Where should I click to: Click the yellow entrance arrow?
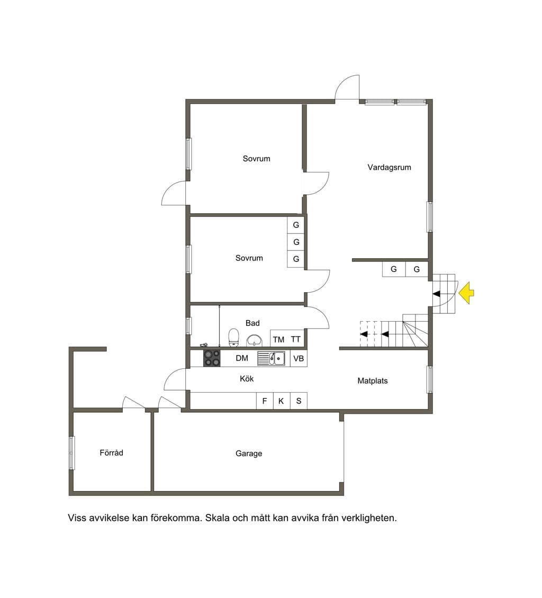[466, 293]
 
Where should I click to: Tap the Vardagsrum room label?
[389, 167]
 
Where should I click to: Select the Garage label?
[249, 454]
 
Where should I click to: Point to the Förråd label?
[111, 452]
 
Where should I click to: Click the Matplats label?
[372, 380]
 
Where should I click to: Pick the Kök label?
[247, 379]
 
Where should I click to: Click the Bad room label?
[252, 323]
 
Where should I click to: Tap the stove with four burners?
[212, 358]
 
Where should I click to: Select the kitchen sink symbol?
[271, 358]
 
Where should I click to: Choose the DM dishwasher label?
[242, 358]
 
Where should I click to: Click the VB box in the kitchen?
[299, 358]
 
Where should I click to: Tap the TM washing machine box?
[278, 339]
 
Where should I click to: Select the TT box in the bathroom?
[296, 339]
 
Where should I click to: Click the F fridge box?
[265, 401]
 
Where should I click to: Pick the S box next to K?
[299, 401]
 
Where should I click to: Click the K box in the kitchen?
[282, 401]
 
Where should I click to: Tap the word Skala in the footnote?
[216, 518]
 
